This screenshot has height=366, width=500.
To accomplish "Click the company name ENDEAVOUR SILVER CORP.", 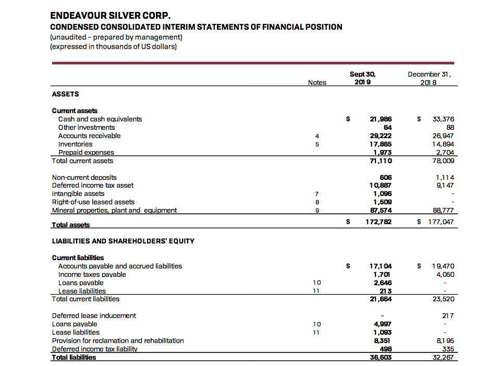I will (x=111, y=16).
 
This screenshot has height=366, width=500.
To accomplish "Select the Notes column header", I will (x=317, y=82).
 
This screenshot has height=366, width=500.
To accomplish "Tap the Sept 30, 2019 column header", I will (x=362, y=78).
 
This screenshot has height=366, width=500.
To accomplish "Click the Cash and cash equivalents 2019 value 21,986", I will (x=381, y=119).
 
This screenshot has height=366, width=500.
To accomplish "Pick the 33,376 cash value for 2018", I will (x=444, y=119).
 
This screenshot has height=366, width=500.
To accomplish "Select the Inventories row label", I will (x=75, y=144).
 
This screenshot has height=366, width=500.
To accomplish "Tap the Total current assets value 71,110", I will (x=381, y=161).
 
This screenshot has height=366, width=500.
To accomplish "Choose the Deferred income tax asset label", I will (x=93, y=186).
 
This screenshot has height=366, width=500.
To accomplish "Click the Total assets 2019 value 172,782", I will (x=379, y=222).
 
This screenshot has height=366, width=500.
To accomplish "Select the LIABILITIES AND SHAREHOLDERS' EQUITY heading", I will (x=123, y=241).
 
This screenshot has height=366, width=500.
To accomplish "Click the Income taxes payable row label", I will (x=92, y=274).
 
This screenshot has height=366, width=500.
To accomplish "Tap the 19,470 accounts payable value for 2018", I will (x=444, y=266).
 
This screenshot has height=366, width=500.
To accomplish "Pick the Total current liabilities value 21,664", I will (x=381, y=299).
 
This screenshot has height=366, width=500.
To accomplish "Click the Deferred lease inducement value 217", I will (x=447, y=316).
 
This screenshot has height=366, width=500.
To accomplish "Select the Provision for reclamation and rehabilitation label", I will (x=118, y=340).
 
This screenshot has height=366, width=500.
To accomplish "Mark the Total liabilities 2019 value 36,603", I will (x=381, y=358).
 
